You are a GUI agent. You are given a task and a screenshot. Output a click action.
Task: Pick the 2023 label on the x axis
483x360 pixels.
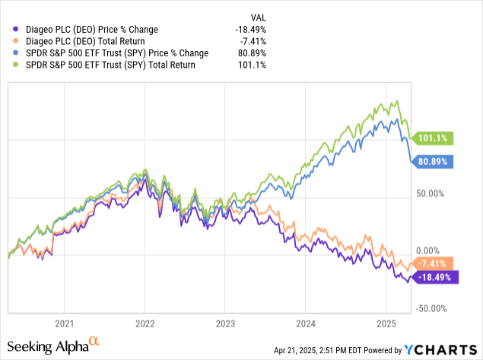(x=224, y=322)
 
